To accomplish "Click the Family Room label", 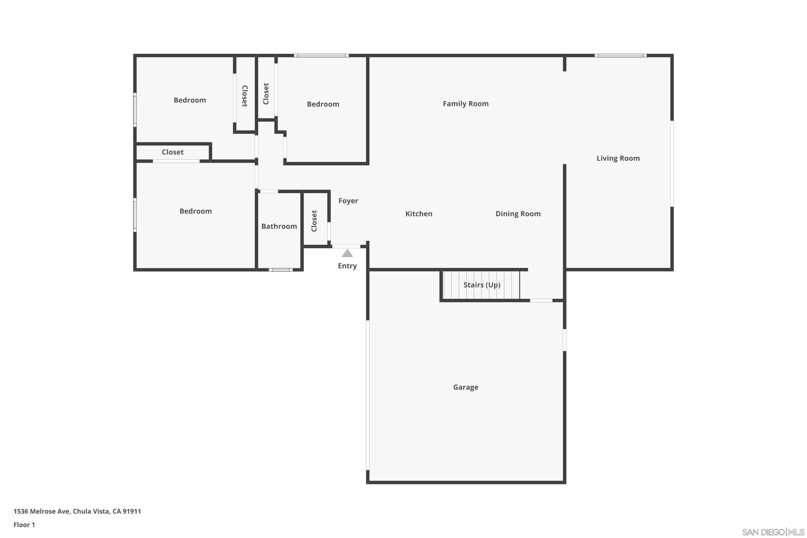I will tap(465, 104).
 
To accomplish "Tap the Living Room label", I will tap(618, 158).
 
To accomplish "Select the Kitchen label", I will tap(419, 214).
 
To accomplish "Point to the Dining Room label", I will tap(518, 214).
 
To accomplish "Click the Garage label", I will tap(465, 387).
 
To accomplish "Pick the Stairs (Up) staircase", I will tap(482, 285).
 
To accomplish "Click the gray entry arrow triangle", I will tap(347, 254).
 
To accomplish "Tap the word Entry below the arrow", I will tap(347, 266).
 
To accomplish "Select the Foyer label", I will tap(348, 201).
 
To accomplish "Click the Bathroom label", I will tap(279, 226).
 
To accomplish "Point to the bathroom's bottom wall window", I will tap(281, 270).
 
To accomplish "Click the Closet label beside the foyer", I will tap(314, 221).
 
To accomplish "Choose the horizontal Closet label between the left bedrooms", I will tap(173, 152).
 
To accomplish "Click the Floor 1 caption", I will tap(24, 525).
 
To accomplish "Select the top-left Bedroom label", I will tap(189, 100).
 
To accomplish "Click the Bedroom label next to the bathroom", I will tap(195, 211).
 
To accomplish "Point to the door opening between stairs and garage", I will tap(541, 300).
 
